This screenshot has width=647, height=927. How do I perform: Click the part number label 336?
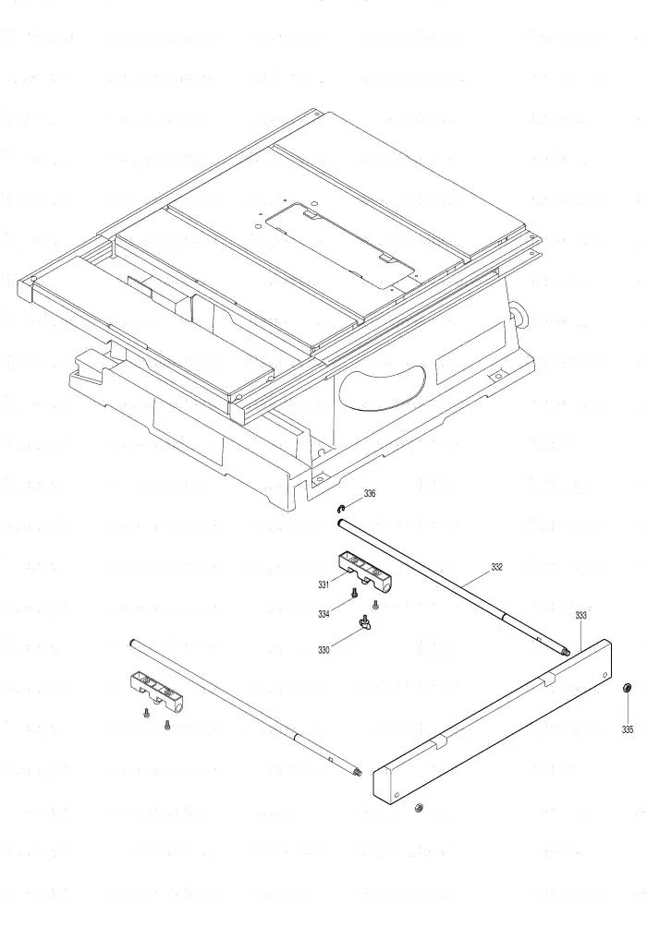pos(370,494)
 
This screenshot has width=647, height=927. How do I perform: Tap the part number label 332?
pos(496,567)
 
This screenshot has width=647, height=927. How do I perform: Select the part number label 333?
pos(580,615)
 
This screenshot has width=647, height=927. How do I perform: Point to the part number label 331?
pos(323,584)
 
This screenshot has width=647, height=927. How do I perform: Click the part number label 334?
pos(323,614)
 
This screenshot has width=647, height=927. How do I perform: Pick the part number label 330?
pos(323,650)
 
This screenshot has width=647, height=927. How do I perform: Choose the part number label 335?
pos(627,729)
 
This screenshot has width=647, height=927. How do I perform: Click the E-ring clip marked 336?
pos(342,509)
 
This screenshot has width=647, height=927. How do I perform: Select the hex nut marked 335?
pos(628,688)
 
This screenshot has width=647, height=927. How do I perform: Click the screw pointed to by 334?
pos(354,593)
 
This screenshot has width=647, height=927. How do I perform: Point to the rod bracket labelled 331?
pos(366,572)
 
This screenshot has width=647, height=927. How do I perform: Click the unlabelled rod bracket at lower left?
pos(156,691)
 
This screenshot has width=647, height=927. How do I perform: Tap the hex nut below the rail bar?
pos(418,808)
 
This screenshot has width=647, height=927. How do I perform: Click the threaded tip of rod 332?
pos(565,652)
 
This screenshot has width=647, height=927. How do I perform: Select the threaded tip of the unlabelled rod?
pos(357,771)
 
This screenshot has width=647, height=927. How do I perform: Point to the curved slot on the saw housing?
pos(382,386)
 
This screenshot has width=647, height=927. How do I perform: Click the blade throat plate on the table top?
pos(340,245)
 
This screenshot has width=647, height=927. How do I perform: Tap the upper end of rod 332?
pos(341,522)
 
